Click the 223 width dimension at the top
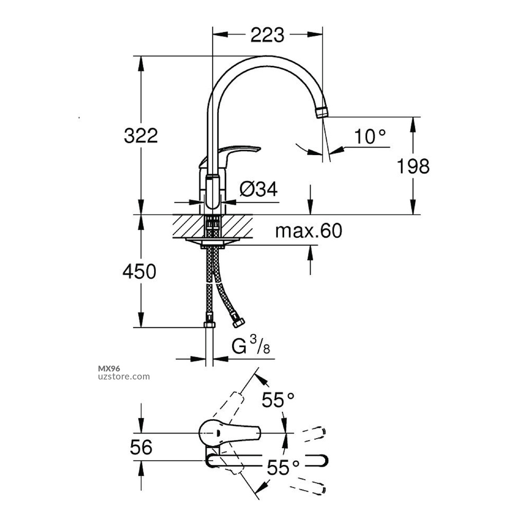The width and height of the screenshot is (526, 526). point(267,35)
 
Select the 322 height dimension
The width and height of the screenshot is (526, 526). point(141,136)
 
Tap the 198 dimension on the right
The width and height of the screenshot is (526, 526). point(413,166)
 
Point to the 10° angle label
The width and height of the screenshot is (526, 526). point(370,137)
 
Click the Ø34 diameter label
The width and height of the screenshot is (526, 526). point(258,190)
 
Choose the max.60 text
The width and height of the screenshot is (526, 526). point(308,231)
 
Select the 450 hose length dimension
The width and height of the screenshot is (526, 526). point(139,271)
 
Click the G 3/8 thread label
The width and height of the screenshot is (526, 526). point(250,347)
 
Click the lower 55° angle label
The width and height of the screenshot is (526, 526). point(283,467)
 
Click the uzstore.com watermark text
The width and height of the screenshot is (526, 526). point(123,377)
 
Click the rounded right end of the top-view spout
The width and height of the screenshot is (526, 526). point(324,461)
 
